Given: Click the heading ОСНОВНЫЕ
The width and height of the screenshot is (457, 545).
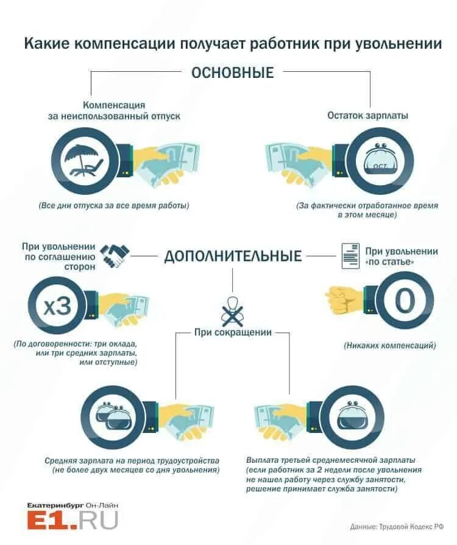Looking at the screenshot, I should (232, 72).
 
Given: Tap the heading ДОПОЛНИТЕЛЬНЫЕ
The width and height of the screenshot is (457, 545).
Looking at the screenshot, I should (233, 256).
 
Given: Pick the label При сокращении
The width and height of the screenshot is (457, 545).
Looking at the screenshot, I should (233, 332).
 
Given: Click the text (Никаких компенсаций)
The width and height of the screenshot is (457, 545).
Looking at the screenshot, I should (390, 345).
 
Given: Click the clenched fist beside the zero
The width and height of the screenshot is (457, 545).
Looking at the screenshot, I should (345, 300).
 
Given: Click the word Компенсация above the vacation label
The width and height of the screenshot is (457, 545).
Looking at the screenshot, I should (114, 105).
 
